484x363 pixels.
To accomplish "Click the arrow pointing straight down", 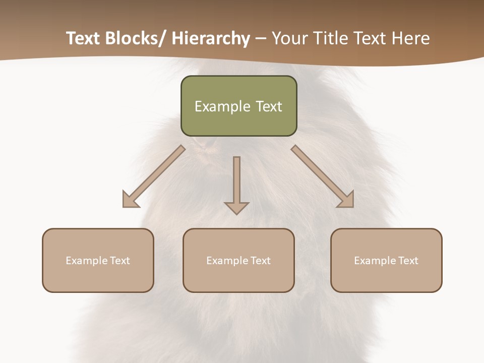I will pyautogui.click(x=236, y=184).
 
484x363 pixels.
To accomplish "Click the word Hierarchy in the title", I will pyautogui.click(x=211, y=38).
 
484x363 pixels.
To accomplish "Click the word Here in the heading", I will pyautogui.click(x=411, y=38).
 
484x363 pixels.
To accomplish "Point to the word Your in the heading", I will pyautogui.click(x=288, y=38).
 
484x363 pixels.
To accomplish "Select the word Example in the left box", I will pyautogui.click(x=86, y=261).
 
